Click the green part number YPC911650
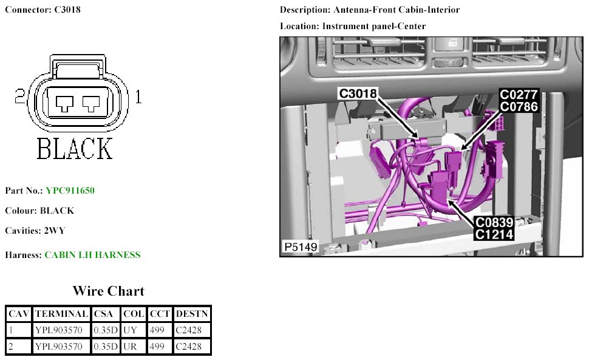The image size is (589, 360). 70,191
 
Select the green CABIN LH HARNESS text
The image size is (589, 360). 92,255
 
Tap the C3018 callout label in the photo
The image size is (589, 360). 358,93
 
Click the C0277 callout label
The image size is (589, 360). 518,95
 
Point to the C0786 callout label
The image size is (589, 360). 518,106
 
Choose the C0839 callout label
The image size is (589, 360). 494,223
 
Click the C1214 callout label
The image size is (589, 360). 494,234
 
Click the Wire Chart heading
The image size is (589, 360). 108,291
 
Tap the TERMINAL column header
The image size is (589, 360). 61,314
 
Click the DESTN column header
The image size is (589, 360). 191,314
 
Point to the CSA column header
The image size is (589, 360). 105,314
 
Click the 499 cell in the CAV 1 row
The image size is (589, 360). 157,330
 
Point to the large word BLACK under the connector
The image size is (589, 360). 75,148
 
